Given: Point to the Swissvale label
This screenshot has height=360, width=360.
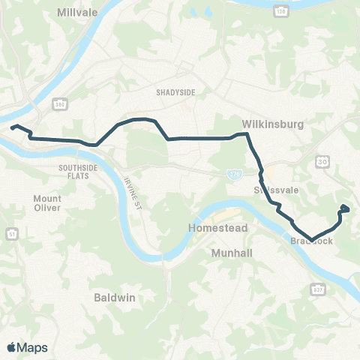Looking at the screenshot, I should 276,190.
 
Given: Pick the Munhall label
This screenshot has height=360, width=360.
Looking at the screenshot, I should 232,253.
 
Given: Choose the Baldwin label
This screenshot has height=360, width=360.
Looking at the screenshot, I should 115,298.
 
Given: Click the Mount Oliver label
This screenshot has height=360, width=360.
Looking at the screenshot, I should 47,203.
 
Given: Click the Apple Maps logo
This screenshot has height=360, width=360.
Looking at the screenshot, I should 27,346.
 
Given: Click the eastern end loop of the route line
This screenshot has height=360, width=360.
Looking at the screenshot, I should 344,208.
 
